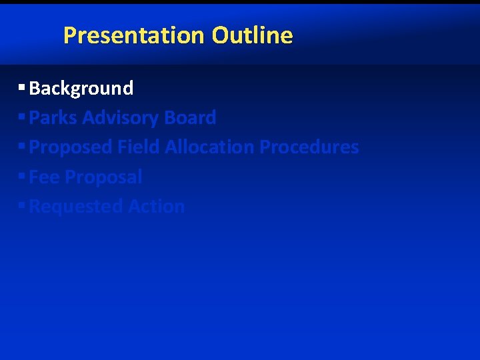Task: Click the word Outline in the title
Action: coord(253,35)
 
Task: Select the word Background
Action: coord(81,88)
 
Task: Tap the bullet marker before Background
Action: coord(22,87)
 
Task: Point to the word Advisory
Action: coord(121,118)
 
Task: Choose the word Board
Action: coord(190,118)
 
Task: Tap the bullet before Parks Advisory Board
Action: coord(22,117)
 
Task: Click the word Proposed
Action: coord(71,147)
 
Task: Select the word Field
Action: coord(139,147)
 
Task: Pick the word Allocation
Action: coord(209,147)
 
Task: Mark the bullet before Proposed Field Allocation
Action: coord(22,146)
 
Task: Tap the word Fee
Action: coord(44,177)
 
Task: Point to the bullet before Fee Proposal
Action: coord(22,176)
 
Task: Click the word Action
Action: coord(156,207)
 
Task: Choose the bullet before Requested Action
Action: coord(22,205)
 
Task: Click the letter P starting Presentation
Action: coord(69,35)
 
